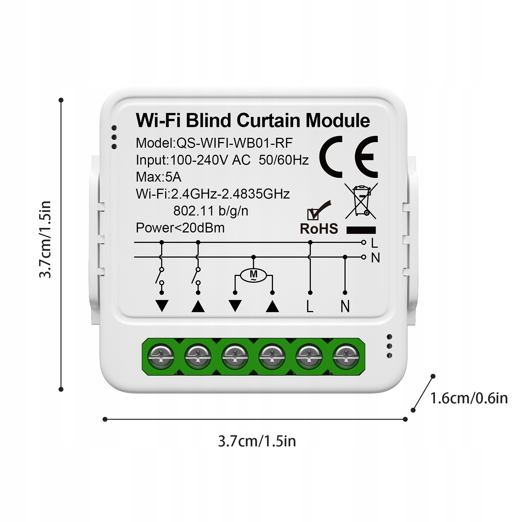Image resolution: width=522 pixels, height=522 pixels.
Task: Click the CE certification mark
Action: point(349,157)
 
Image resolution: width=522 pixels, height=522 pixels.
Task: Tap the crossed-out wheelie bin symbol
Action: point(361,201)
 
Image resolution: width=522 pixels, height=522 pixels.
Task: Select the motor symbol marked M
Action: point(253,275)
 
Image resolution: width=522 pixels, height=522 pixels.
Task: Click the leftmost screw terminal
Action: point(161,356)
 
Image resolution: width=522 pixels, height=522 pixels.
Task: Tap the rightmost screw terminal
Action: point(346,356)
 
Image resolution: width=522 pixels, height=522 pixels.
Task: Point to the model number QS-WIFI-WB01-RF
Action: point(234,143)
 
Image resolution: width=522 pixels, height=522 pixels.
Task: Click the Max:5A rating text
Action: point(158,177)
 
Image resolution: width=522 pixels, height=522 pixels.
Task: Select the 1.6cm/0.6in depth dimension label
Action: point(469,398)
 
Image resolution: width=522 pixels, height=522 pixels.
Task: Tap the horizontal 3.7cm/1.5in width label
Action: point(257,441)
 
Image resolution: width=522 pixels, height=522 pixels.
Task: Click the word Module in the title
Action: point(337,120)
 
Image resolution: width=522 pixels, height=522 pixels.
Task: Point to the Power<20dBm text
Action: point(180,228)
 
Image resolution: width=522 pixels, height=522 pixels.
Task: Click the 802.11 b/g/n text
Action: point(211,211)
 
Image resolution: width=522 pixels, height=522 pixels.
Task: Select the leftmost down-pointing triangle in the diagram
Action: point(162,306)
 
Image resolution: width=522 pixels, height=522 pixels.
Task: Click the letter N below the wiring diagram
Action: point(345,306)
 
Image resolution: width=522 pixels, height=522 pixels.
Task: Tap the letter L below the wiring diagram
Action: point(310,306)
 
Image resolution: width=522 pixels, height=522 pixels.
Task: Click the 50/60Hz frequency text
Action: point(284,160)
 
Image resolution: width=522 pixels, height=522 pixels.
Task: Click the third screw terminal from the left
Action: point(235,356)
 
